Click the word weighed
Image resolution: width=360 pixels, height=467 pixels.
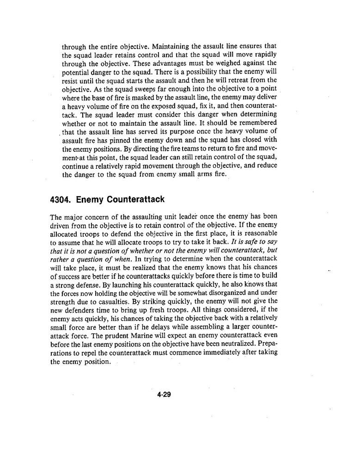[226, 63]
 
